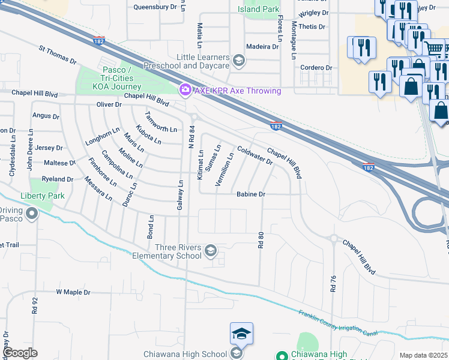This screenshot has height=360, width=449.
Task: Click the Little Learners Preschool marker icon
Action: click(239, 60)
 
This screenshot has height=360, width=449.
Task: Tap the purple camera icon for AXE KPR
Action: click(185, 90)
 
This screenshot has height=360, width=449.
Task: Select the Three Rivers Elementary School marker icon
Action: click(211, 251)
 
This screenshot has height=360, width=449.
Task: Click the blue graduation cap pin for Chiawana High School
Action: click(241, 334)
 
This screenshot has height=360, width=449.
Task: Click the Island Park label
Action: click(258, 9)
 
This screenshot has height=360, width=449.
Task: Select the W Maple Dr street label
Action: click(73, 292)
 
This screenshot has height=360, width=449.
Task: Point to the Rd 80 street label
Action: click(261, 241)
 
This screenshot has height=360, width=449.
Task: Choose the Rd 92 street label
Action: click(35, 307)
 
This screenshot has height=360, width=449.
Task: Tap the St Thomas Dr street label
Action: click(58, 55)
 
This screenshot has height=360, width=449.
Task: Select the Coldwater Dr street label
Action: click(255, 155)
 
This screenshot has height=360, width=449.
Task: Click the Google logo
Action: click(20, 353)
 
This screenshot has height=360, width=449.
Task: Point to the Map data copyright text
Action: click(424, 355)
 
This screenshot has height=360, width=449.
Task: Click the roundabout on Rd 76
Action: click(333, 238)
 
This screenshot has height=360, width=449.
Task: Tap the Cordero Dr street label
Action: click(316, 68)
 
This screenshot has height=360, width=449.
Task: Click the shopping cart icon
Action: click(435, 47)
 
